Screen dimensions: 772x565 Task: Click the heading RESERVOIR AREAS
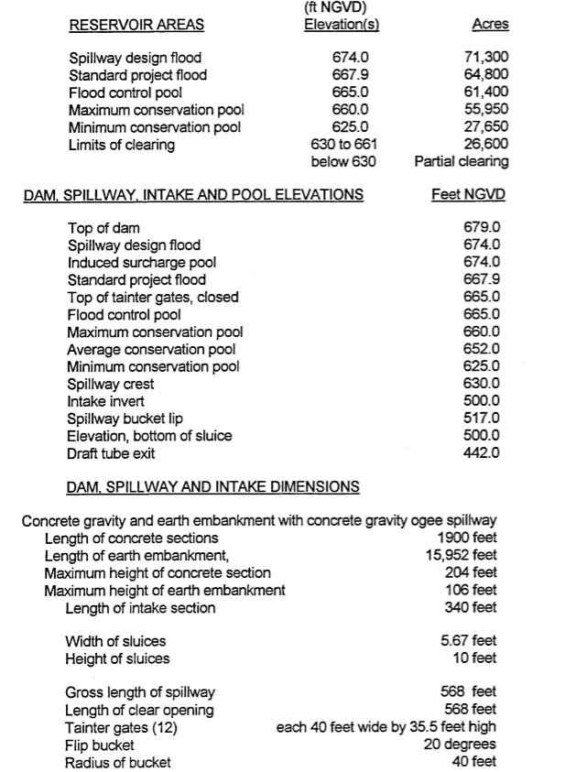pyautogui.click(x=136, y=25)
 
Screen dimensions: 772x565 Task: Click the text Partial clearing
pyautogui.click(x=462, y=162)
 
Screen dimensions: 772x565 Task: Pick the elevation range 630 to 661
pyautogui.click(x=344, y=145)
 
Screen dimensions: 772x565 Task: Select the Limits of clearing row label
pyautogui.click(x=121, y=145)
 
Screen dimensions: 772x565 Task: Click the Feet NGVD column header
pyautogui.click(x=468, y=195)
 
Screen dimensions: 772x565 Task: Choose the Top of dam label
pyautogui.click(x=104, y=228)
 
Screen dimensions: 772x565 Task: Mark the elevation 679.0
pyautogui.click(x=483, y=228)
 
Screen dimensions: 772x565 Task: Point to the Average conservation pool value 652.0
pyautogui.click(x=483, y=349)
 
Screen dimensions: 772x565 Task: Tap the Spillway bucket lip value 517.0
pyautogui.click(x=483, y=419)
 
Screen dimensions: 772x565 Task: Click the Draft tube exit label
pyautogui.click(x=111, y=453)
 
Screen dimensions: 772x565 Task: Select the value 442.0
pyautogui.click(x=483, y=453)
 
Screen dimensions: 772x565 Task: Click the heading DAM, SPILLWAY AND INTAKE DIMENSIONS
pyautogui.click(x=213, y=486)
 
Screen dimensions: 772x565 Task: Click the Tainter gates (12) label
pyautogui.click(x=121, y=728)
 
